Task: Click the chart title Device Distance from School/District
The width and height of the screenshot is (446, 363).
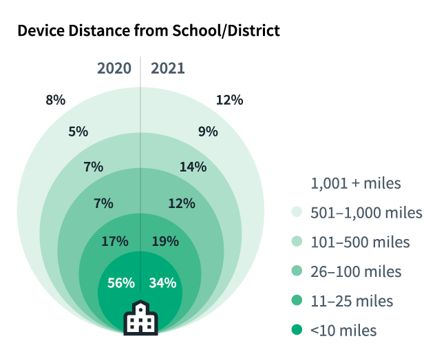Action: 148,31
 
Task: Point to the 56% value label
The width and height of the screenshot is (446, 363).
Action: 120,282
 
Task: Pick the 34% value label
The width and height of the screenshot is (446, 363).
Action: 163,282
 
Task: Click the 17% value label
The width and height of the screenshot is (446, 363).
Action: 114,241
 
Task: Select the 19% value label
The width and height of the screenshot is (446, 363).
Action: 164,241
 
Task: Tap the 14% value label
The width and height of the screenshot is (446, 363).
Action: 193,167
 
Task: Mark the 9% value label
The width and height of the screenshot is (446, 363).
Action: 208,131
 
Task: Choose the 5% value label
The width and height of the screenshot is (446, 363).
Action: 78,131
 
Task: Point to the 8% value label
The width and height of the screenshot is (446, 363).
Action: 56,100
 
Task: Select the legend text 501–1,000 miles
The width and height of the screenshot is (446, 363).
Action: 366,212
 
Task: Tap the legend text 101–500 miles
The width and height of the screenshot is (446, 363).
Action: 360,242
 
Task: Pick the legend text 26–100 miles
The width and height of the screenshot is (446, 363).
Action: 356,271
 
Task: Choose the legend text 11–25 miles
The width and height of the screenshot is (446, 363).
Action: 352,301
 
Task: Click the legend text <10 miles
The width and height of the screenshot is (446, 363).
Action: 343,331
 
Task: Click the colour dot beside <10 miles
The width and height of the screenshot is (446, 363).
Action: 297,331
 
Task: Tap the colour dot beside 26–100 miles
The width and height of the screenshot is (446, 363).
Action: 297,271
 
